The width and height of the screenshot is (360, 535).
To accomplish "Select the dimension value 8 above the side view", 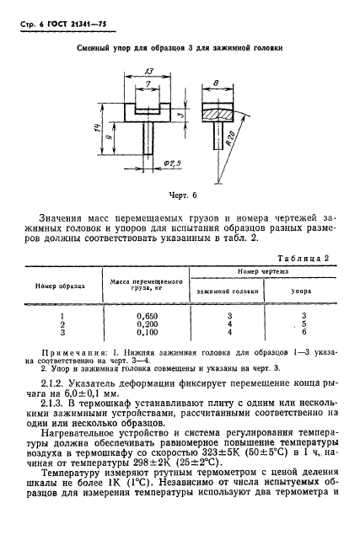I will (218, 83).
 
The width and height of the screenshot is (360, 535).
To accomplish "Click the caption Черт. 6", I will (180, 196).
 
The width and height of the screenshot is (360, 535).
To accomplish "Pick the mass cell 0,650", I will (149, 315).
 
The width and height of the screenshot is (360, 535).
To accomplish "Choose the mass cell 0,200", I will (149, 324).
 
